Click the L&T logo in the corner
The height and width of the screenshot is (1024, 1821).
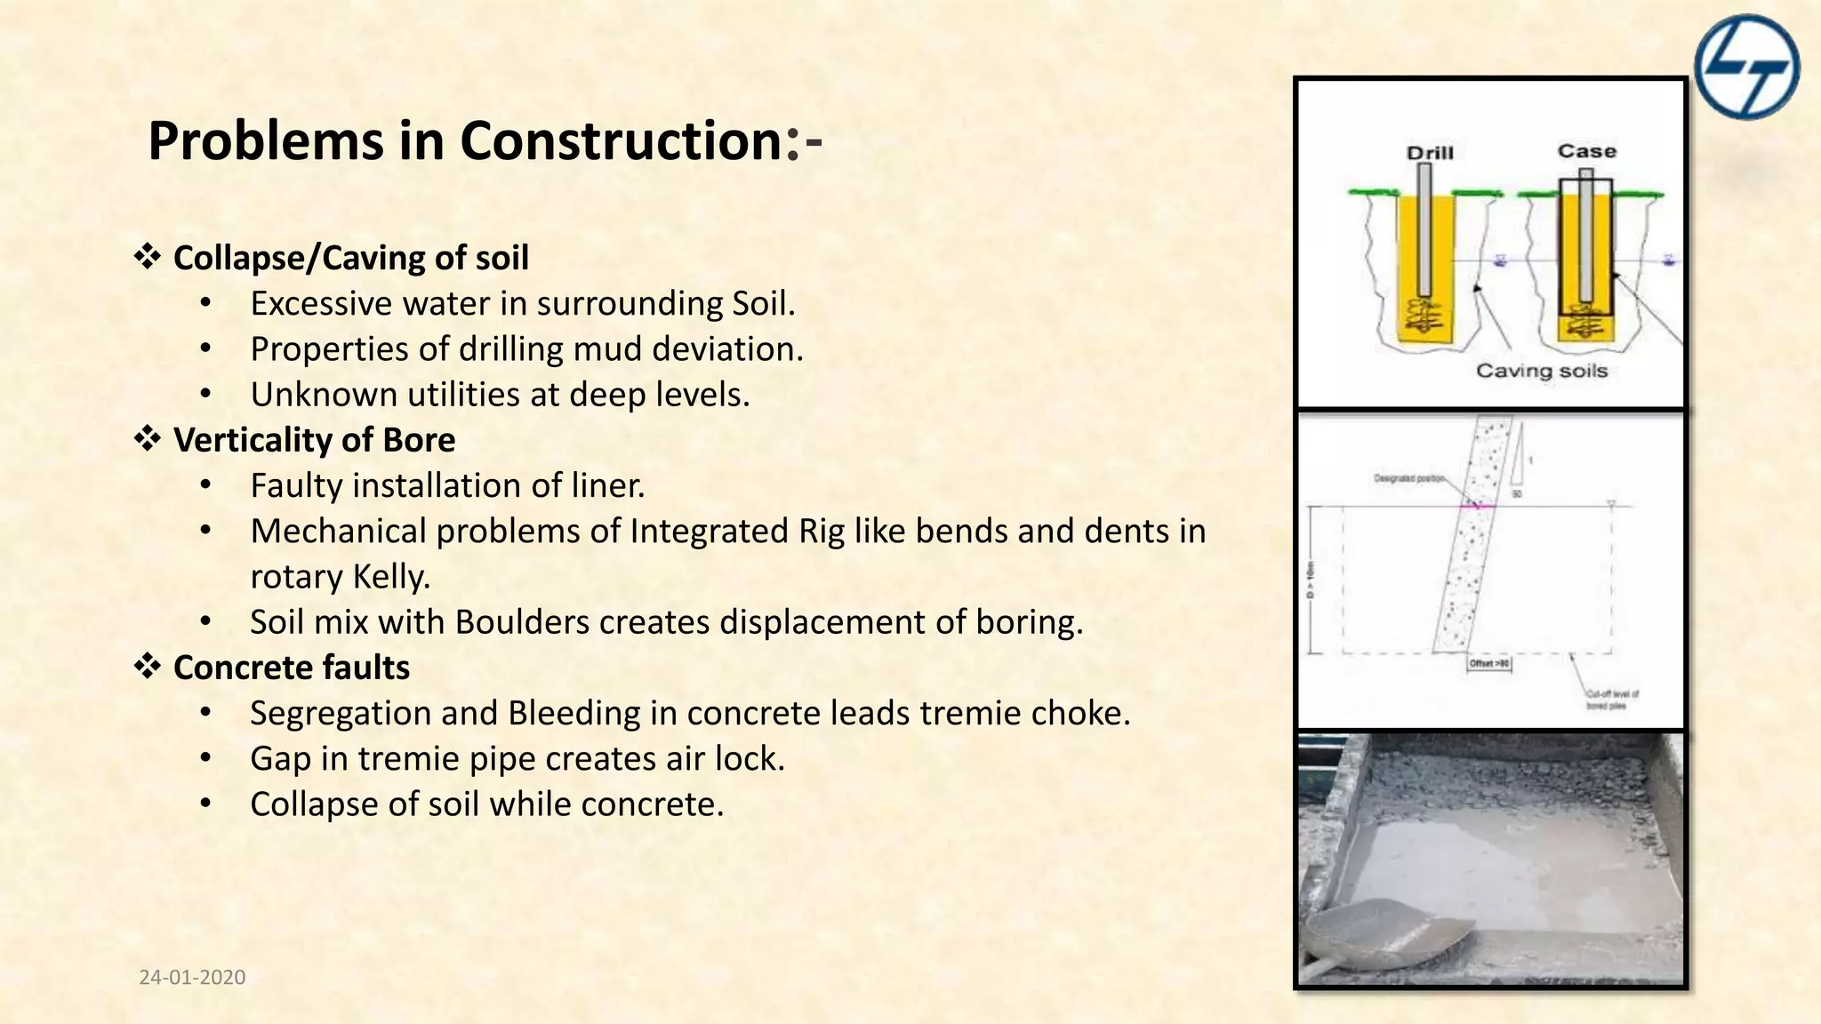coord(1746,67)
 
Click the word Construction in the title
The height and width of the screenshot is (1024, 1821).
coord(621,140)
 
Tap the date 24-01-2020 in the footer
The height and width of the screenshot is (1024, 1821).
coord(192,977)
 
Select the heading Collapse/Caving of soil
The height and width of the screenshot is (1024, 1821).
coord(350,258)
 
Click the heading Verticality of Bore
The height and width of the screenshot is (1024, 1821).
coord(314,440)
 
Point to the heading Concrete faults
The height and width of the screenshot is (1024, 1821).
coord(291,668)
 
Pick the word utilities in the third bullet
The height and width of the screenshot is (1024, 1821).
coord(463,395)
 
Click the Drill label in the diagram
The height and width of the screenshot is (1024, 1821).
coord(1430,153)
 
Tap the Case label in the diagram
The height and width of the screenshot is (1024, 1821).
coord(1586,151)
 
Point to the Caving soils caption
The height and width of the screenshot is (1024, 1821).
coord(1542,371)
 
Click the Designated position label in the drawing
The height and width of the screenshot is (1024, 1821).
coord(1408,478)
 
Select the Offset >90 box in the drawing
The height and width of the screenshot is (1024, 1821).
coord(1488,664)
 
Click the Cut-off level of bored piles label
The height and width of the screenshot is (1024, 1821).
coord(1612,700)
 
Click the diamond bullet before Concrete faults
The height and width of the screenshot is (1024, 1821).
coord(148,666)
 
